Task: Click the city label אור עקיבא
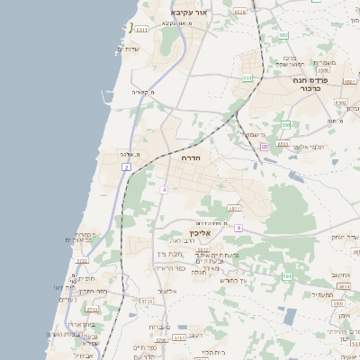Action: (189, 13)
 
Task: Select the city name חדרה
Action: (191, 157)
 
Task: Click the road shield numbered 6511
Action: (142, 30)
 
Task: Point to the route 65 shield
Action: (265, 146)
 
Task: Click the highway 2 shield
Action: (127, 167)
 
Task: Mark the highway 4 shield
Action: (165, 190)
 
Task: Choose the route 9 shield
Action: (238, 228)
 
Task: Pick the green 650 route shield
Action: (286, 124)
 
